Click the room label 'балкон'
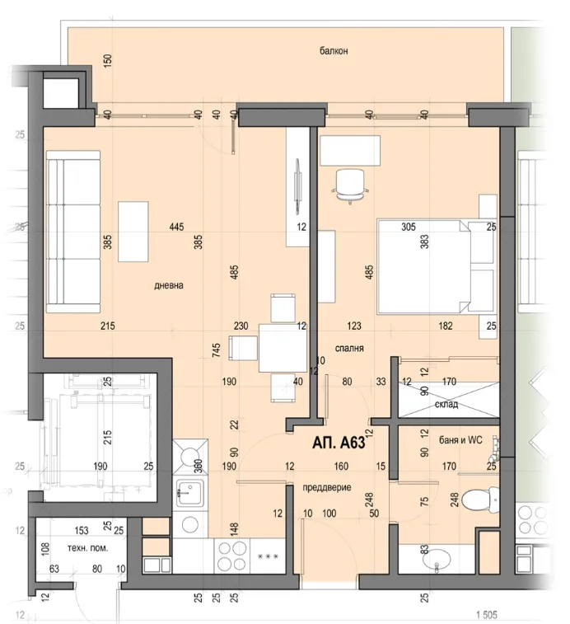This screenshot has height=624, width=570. coord(334,51)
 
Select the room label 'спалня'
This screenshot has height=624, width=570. coord(349,348)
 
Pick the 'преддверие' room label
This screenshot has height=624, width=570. coord(327,487)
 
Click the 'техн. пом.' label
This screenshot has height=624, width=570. coord(85,547)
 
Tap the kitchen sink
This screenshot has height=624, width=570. coord(189,495)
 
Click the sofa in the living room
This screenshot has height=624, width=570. coord(72,232)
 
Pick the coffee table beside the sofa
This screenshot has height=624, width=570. coord(133,232)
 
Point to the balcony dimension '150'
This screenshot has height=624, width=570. coord(106,60)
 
